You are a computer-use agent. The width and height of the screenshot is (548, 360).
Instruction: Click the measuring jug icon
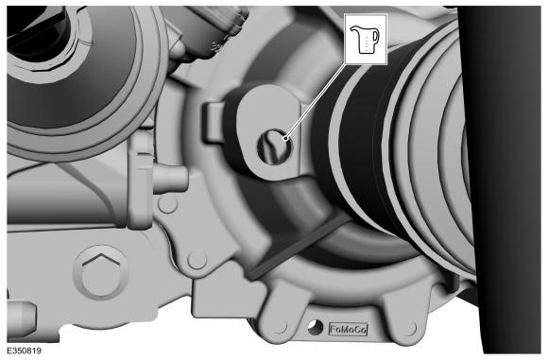365,40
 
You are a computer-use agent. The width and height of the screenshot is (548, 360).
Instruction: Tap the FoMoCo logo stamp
349,330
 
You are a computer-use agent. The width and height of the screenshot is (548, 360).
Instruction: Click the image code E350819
24,351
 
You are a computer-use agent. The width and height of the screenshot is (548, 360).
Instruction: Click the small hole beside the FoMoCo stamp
315,328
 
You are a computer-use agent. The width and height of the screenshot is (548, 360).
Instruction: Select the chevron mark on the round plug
100,261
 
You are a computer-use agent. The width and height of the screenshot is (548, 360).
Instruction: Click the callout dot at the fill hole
286,138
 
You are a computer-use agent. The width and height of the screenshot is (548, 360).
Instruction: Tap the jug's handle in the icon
376,36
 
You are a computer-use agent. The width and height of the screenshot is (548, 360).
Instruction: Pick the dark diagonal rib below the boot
297,247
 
